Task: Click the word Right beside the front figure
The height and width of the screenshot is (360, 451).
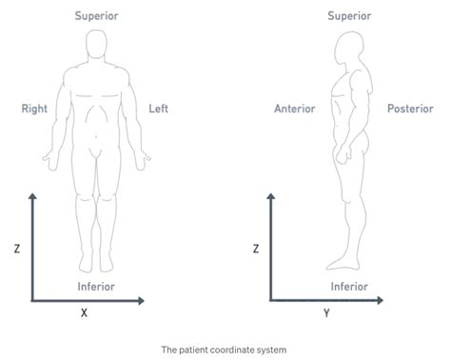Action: click(34, 109)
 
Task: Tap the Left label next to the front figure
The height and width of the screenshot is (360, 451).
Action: click(159, 109)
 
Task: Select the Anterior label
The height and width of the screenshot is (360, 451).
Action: click(294, 109)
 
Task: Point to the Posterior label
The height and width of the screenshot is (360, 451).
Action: click(410, 109)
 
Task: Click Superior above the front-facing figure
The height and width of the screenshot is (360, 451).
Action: click(97, 16)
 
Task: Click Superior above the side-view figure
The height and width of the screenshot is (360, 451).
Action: click(349, 16)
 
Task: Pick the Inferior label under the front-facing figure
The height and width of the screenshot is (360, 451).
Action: click(97, 286)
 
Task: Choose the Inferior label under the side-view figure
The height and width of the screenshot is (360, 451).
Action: click(349, 286)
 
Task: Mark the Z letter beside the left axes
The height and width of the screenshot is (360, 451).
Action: click(17, 250)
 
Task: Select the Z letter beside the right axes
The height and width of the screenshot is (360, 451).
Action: click(256, 250)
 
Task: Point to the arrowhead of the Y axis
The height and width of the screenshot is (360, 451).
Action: click(383, 301)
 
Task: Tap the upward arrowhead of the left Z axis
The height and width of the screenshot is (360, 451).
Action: click(32, 196)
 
